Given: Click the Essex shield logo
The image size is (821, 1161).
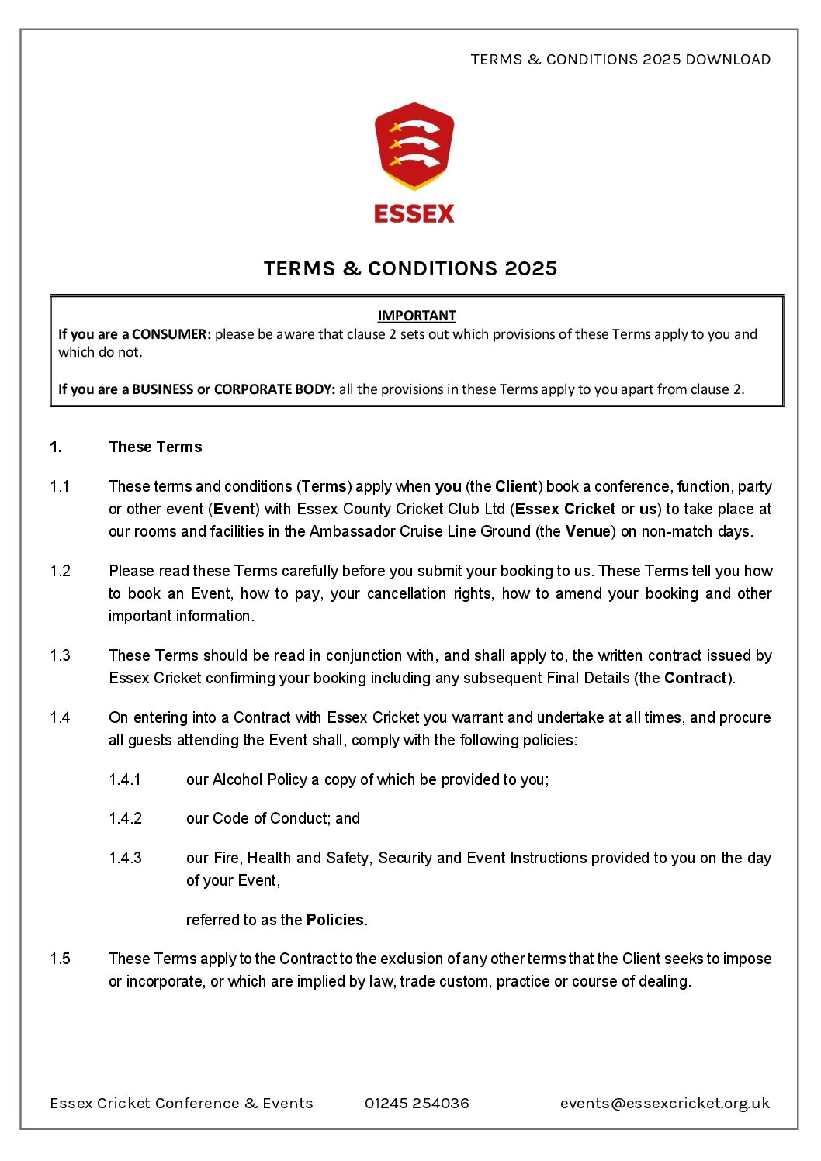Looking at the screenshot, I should pos(414,146).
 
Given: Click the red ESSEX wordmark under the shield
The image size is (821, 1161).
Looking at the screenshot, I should pos(414,213).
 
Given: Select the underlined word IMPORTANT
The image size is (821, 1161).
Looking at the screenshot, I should pos(417,316).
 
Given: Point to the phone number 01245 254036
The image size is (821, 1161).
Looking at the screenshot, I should pos(417,1103).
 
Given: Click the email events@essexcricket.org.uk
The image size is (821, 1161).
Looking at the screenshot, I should pos(665,1103).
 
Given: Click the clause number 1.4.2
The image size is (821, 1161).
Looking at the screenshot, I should pos(125,818).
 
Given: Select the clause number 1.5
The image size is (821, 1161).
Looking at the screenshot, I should pos(60,959).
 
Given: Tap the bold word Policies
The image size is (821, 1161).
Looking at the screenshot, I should pos(335,920).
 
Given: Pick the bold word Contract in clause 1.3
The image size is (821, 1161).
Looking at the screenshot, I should pos(695,678).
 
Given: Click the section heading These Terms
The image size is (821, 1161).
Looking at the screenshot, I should pos(155,447).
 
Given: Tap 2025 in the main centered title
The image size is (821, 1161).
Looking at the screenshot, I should pos(531,268).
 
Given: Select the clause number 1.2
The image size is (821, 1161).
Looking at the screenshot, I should pos(60,571).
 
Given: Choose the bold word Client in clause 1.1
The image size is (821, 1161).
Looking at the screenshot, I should pos(516,486).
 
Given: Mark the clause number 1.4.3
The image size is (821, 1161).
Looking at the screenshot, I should pos(125,858).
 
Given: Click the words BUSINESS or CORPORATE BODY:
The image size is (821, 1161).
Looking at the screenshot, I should pos(234,389).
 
